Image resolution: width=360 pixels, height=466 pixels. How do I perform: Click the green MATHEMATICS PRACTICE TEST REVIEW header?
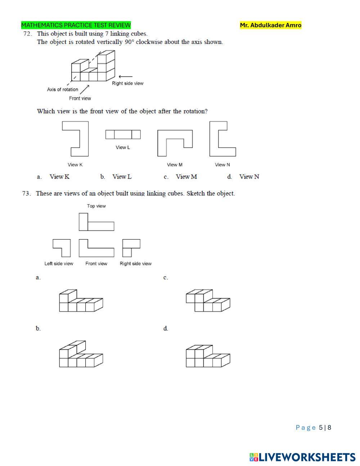pos(76,25)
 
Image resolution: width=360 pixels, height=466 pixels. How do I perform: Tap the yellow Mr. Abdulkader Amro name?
pos(271,25)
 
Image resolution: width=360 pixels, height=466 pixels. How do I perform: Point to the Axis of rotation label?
pos(62,89)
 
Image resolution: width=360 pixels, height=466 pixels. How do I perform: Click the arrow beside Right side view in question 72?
pos(125,76)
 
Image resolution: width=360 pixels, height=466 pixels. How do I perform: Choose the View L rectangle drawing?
pos(123,135)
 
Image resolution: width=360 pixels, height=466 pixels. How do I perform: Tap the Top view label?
pos(96,206)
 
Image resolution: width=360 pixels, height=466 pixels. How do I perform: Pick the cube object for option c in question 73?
pos(208,301)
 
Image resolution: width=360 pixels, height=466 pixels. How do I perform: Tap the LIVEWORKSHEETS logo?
pos(302,457)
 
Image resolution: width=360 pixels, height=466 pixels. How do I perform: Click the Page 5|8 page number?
pos(313,427)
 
